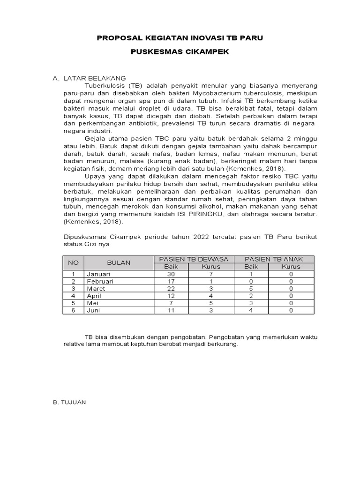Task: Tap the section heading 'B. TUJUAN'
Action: click(69, 403)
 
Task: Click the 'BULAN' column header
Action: click(119, 263)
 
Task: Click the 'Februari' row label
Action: click(99, 281)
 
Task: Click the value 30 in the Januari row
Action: click(171, 274)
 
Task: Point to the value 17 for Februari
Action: click(171, 281)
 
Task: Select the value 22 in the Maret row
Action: click(171, 289)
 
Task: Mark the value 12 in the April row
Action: click(171, 296)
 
